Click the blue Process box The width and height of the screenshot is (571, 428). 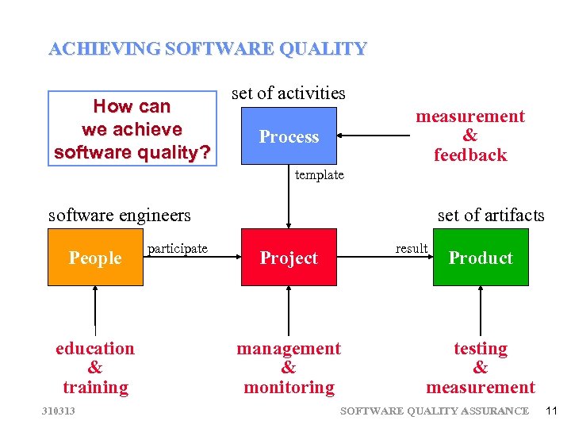tap(289, 136)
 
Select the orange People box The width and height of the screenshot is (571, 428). tap(95, 258)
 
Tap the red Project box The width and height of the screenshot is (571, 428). tap(289, 258)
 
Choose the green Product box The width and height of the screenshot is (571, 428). tap(481, 258)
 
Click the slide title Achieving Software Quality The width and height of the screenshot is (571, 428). tap(208, 49)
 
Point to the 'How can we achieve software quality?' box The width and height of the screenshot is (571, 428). tap(132, 129)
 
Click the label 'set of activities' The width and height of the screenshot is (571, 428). tap(289, 93)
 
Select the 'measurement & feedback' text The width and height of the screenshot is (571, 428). tap(470, 136)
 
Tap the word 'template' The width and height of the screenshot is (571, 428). tap(320, 174)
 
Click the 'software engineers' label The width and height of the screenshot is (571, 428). tap(120, 215)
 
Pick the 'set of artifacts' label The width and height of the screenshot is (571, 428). tap(491, 215)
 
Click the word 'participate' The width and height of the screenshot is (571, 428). tap(178, 249)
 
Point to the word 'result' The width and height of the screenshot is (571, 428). tap(412, 249)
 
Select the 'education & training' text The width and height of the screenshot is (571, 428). tap(95, 368)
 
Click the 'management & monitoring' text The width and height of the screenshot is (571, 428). tap(289, 368)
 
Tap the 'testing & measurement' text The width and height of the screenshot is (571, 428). tap(481, 368)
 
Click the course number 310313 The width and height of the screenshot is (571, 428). tap(59, 411)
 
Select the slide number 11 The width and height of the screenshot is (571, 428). tap(552, 411)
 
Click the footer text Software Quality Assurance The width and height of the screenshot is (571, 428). tap(434, 411)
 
